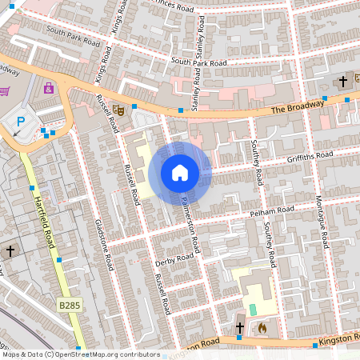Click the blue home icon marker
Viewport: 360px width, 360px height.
coord(180,173)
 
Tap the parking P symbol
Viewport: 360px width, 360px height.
coord(22,122)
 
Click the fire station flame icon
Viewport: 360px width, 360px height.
coord(261,327)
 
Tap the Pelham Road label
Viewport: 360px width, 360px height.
coord(272,213)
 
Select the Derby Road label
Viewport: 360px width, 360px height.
coord(174,259)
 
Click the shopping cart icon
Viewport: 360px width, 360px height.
coord(4,91)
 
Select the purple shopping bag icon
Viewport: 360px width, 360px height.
coord(49,87)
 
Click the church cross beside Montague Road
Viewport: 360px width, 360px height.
coord(343,81)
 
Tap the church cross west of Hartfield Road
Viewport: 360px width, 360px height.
coord(10,251)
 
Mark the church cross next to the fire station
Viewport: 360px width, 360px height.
coord(239,327)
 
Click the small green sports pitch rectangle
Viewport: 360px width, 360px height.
coord(254,309)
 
